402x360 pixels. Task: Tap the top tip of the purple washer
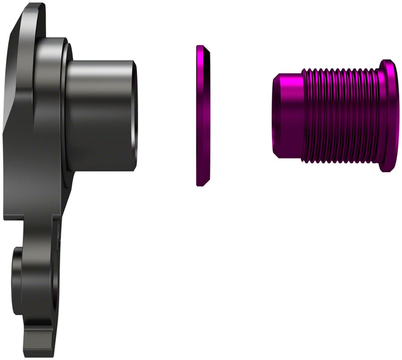pyautogui.click(x=200, y=47)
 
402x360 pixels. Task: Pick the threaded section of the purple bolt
pyautogui.click(x=342, y=116)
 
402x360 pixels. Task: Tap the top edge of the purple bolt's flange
pyautogui.click(x=388, y=61)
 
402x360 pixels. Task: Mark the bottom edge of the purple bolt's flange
pyautogui.click(x=388, y=170)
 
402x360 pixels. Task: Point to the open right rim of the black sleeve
pyautogui.click(x=135, y=116)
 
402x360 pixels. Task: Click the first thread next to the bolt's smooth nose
pyautogui.click(x=306, y=116)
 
